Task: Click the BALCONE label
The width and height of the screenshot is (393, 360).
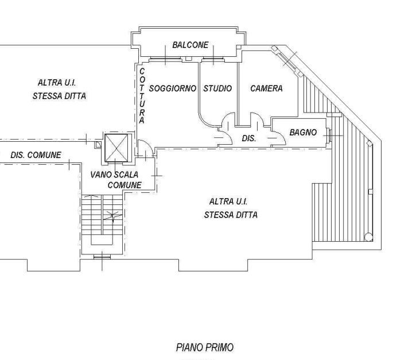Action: [x=190, y=45]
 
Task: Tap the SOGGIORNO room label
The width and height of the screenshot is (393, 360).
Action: [x=173, y=88]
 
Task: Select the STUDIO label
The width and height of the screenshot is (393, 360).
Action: [x=217, y=88]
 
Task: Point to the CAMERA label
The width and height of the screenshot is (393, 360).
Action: [x=266, y=88]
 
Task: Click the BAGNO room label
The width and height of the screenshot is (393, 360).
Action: [x=303, y=132]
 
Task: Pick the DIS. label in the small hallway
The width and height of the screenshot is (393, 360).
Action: [x=249, y=138]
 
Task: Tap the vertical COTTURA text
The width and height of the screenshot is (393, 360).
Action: [x=142, y=96]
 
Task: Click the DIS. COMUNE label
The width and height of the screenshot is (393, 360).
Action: [x=36, y=155]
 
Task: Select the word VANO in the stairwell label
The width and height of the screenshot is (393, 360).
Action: [x=99, y=175]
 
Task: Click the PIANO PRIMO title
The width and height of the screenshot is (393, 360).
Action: [x=205, y=347]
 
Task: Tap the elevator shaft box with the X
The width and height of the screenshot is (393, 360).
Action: [x=116, y=148]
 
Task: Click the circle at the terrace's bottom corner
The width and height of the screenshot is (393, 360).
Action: [x=368, y=237]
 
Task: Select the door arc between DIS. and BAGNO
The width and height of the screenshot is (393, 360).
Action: [x=279, y=134]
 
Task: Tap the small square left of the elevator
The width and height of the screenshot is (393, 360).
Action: [x=98, y=144]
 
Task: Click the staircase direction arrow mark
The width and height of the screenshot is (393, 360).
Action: [x=113, y=216]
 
